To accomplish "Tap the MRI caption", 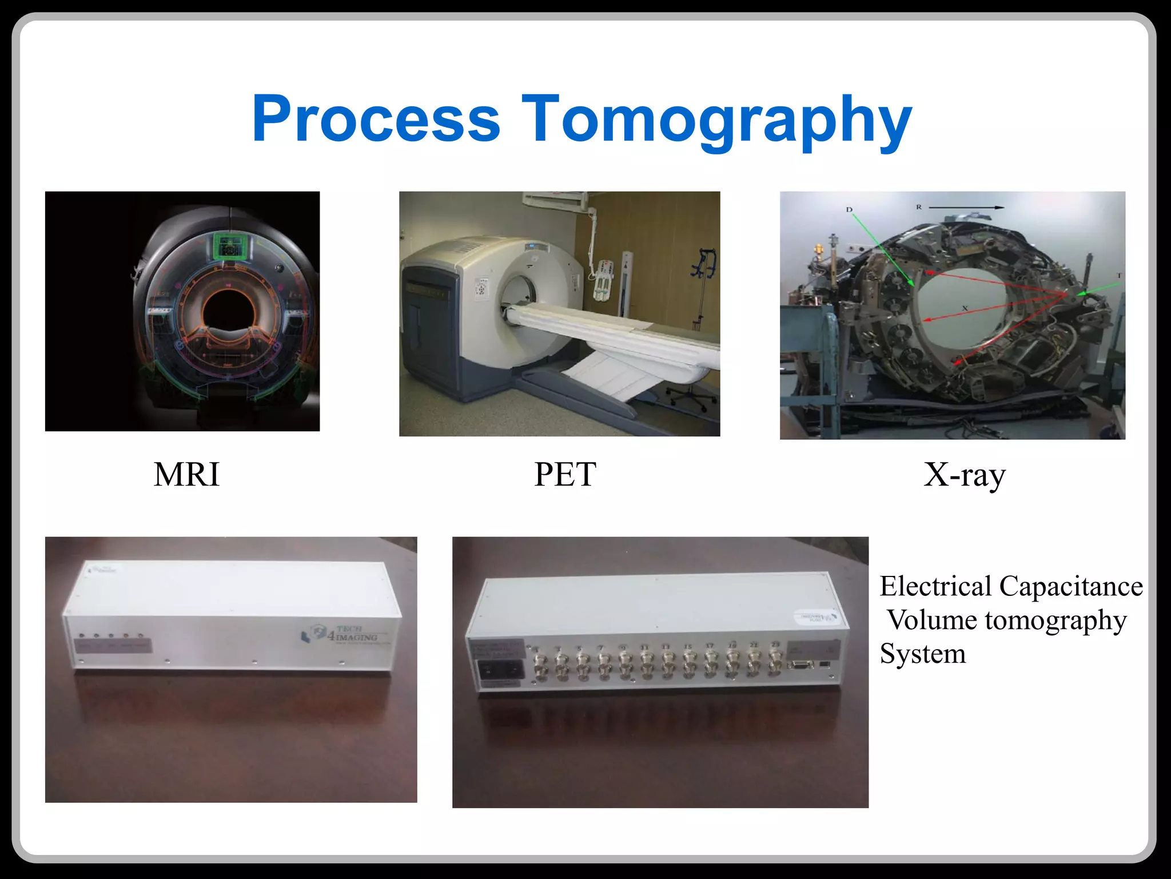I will pos(186,474).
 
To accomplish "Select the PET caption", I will pos(565,474).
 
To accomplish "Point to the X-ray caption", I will pos(964,475).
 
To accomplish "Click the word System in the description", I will pos(922,654).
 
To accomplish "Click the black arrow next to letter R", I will pos(966,208).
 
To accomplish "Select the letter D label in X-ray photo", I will pos(849,210).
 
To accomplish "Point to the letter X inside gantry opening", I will pos(965,308).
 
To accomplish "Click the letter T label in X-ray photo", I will pos(1119,276).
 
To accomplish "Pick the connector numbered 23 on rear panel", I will pos(775,663).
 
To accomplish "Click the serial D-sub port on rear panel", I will pos(800,665).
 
